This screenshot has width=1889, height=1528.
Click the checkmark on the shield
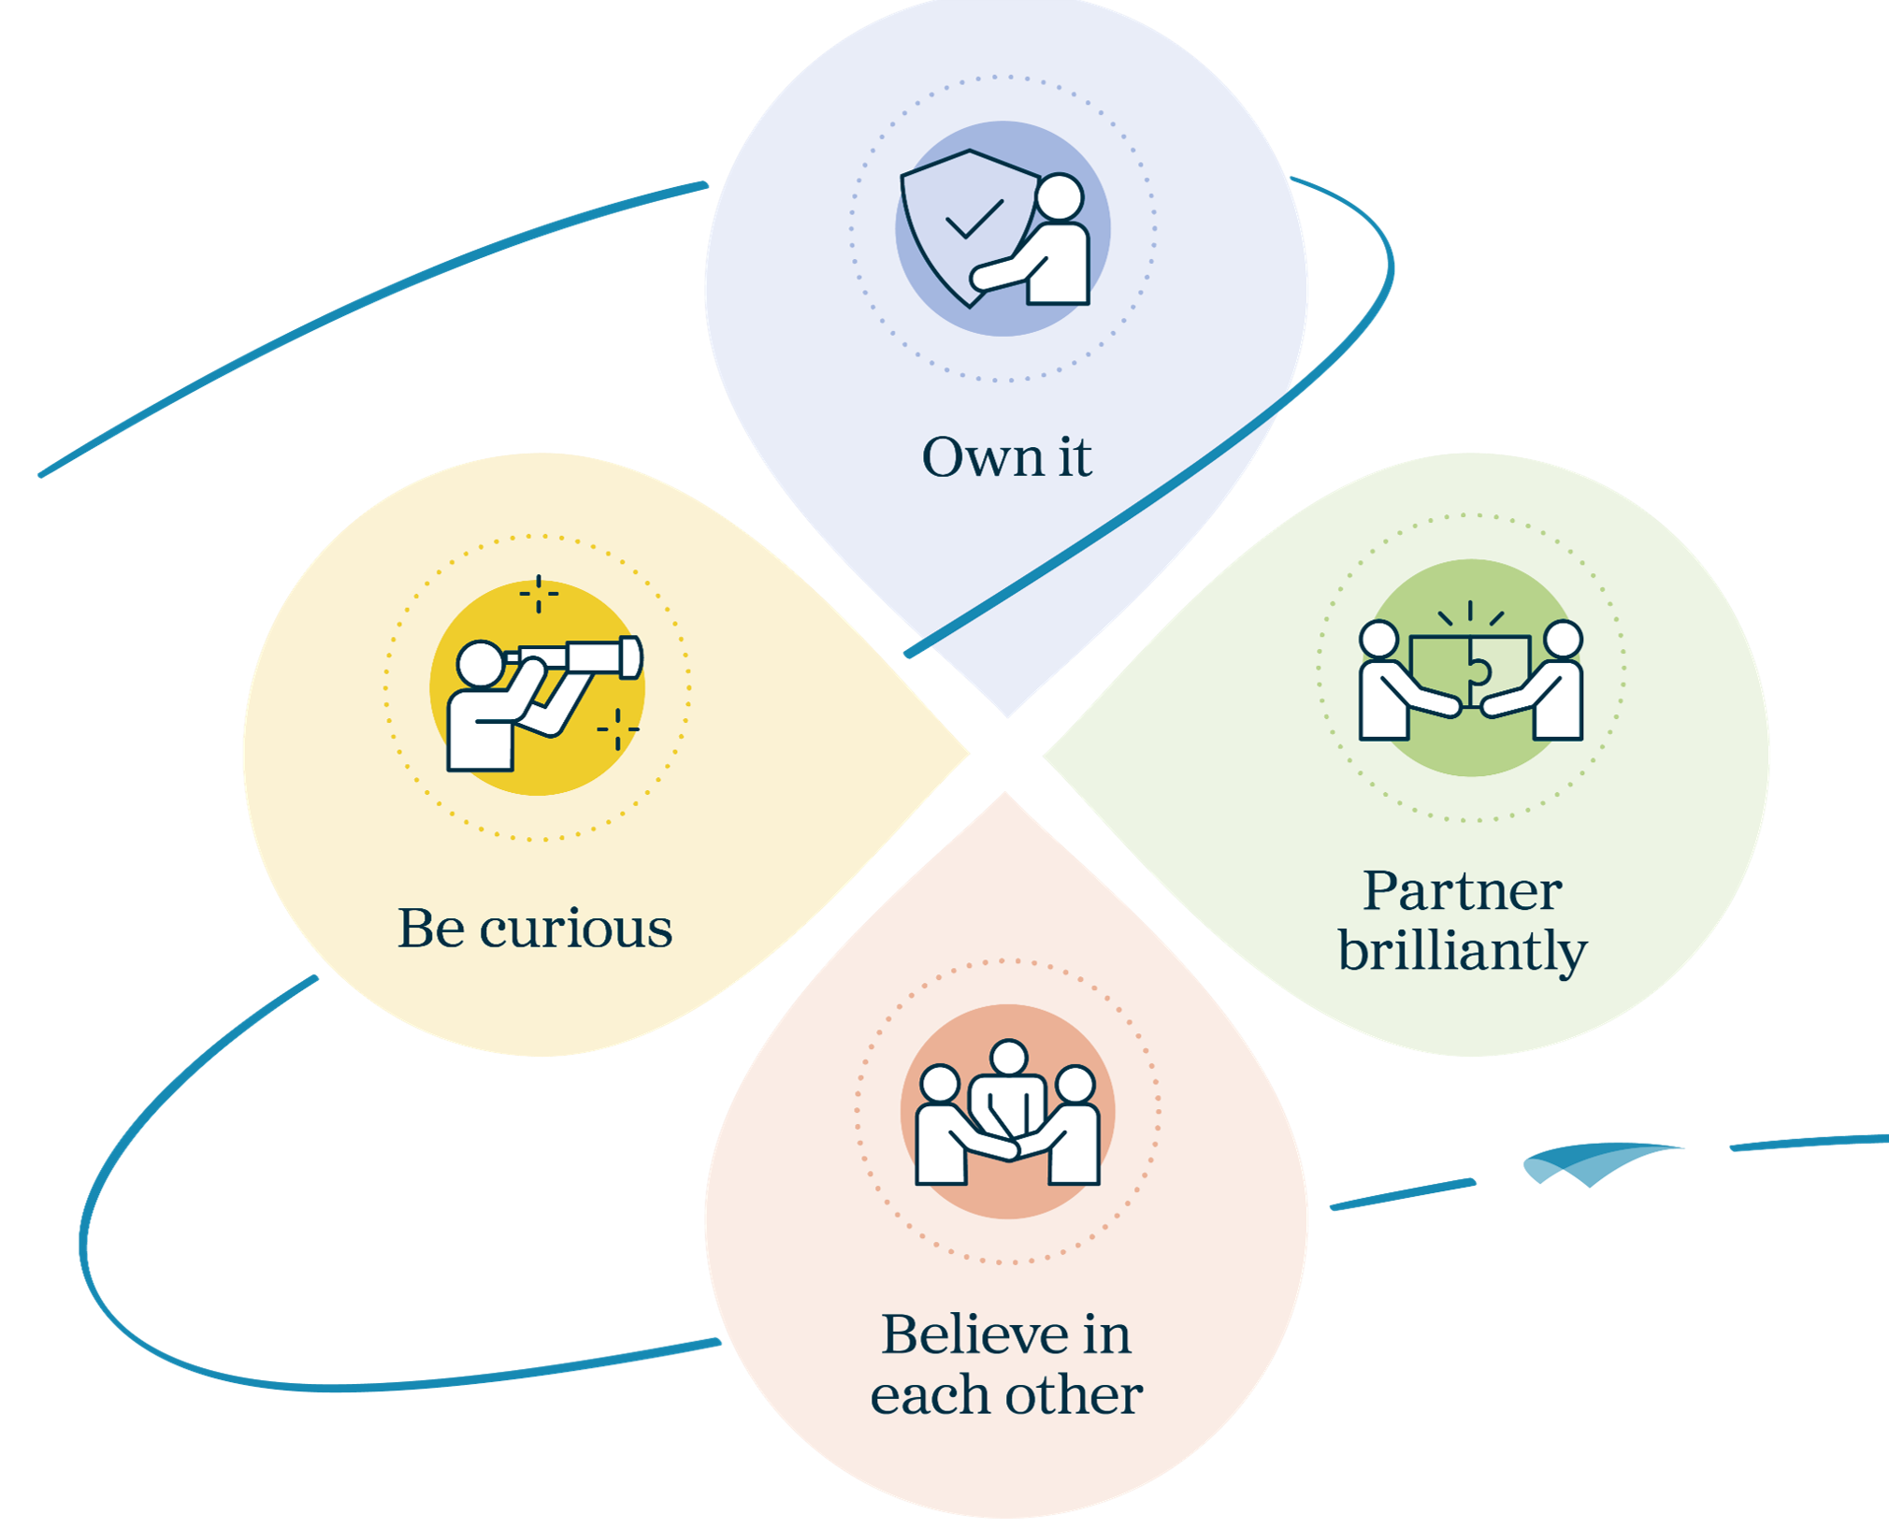click(974, 219)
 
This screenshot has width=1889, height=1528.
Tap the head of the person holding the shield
click(1060, 196)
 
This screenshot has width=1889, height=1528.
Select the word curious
click(576, 929)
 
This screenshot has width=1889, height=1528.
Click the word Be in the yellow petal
click(431, 929)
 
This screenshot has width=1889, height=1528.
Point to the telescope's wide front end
click(631, 656)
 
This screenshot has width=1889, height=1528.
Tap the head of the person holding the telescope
click(481, 664)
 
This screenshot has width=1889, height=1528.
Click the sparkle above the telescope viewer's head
click(539, 594)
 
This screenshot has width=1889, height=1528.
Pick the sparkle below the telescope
click(617, 728)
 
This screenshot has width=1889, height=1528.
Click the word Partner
click(1463, 890)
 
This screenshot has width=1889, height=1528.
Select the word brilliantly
click(1463, 952)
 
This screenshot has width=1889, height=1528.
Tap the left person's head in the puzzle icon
click(1379, 640)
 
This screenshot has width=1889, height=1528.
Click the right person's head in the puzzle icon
click(1563, 640)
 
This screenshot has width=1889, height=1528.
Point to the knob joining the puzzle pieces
click(1478, 671)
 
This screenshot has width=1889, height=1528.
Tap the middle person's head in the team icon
click(1008, 1059)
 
